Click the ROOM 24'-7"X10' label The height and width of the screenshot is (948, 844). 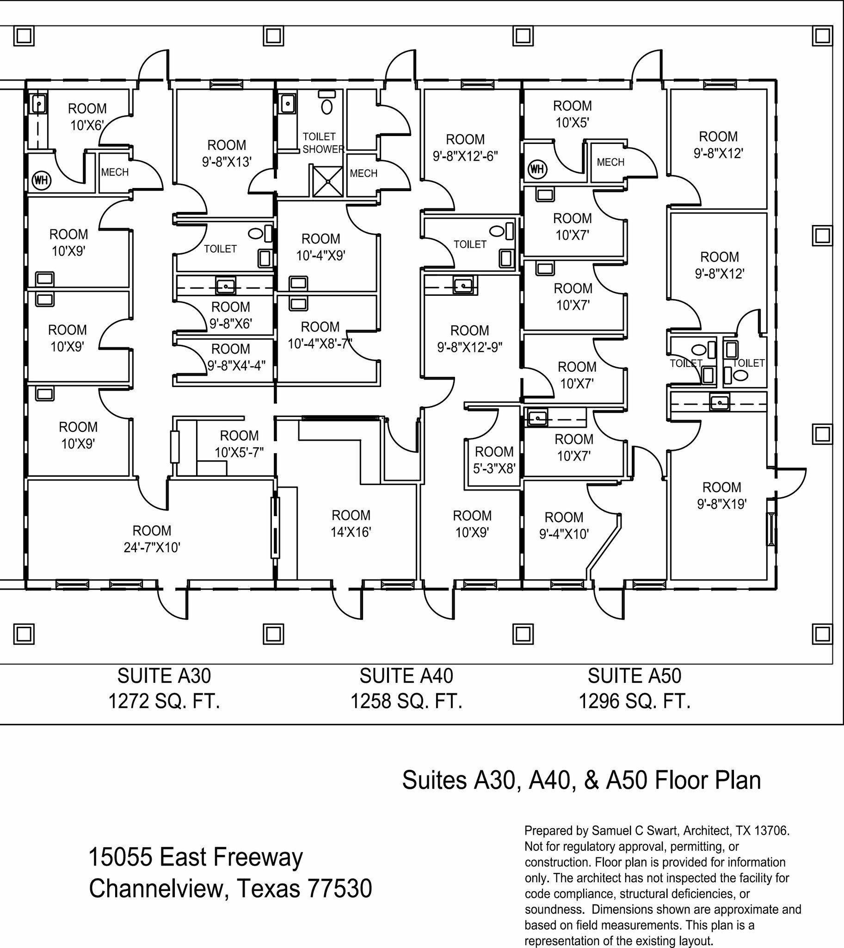point(152,539)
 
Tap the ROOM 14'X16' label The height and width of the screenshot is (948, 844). point(351,524)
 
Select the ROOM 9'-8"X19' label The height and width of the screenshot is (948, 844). point(721,495)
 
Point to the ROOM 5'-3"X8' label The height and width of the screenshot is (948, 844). point(494,460)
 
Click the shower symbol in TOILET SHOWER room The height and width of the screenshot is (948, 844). point(327,181)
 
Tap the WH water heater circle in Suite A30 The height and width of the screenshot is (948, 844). point(41,180)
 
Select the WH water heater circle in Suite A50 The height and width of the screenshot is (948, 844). point(536,168)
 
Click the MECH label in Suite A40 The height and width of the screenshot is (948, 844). point(363,173)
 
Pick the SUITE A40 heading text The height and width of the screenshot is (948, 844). point(406,676)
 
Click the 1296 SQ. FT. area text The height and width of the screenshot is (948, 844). point(634,701)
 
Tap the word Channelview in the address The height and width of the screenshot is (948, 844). point(159,889)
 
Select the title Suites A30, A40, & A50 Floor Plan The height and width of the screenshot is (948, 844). point(581,780)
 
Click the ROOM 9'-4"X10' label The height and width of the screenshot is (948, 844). point(563,525)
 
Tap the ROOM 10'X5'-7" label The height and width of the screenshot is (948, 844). point(239,444)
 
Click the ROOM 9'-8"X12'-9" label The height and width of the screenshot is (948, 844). point(469,338)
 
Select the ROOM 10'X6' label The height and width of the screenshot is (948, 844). point(87,117)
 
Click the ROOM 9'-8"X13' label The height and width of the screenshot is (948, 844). point(226,153)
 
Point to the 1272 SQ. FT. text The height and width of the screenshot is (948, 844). point(164,701)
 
